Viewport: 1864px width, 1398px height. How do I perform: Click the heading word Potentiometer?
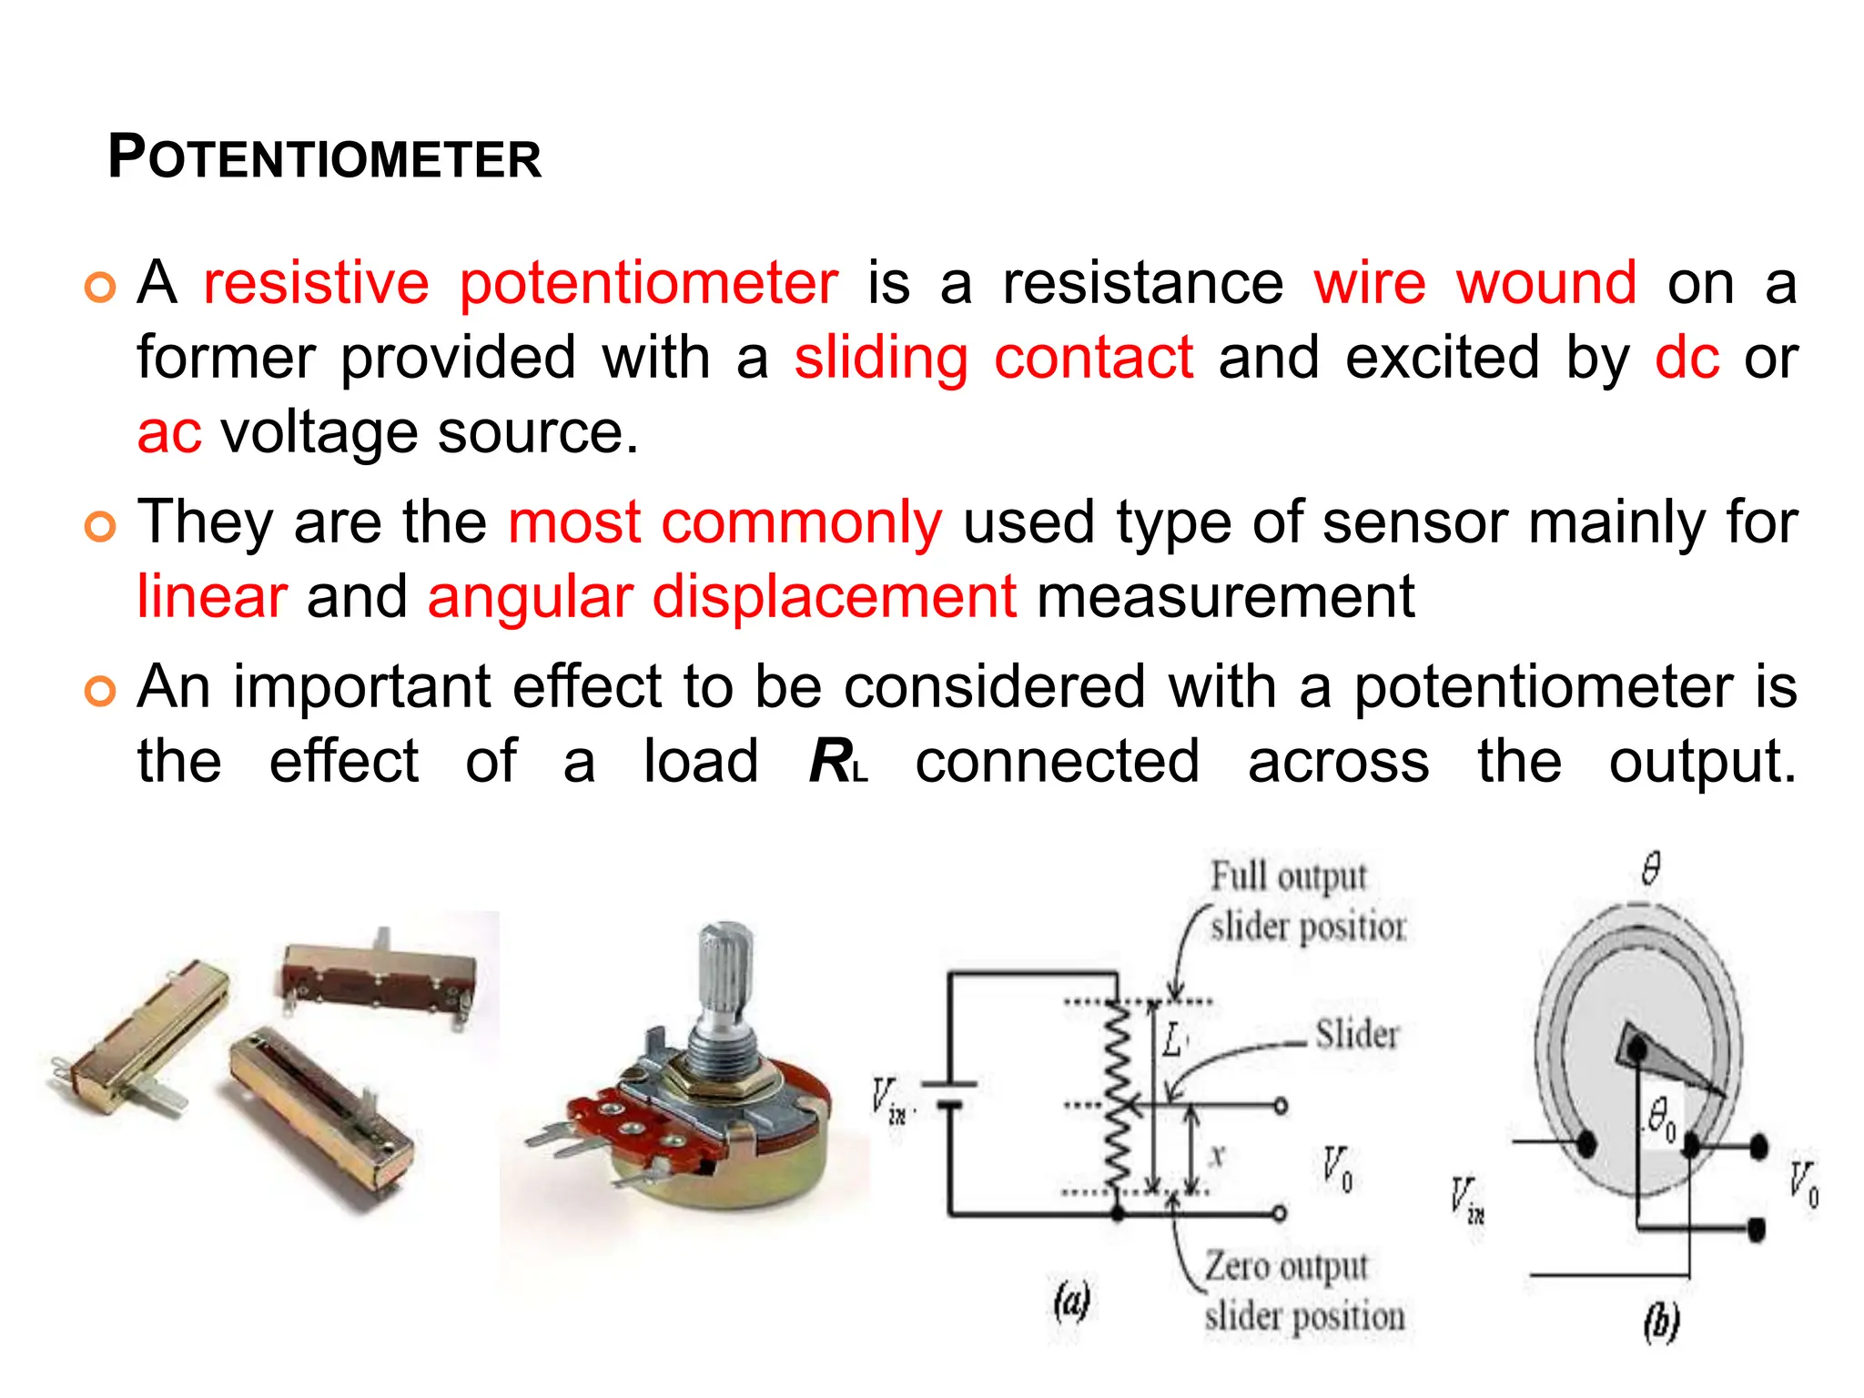pos(324,158)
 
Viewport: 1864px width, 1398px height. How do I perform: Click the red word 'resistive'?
pos(315,283)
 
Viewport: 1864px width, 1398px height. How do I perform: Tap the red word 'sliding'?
pos(880,358)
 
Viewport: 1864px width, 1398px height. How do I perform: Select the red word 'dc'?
pos(1687,358)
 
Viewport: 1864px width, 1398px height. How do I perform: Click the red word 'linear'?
pos(212,598)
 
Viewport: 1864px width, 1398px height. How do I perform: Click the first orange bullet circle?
pos(100,287)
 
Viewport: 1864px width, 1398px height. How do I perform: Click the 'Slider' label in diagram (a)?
pos(1356,1035)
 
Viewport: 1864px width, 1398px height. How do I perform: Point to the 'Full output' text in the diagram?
pos(1288,876)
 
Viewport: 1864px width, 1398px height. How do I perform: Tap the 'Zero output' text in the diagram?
pos(1286,1266)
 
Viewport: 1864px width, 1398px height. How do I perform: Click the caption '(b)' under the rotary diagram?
pos(1660,1321)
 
